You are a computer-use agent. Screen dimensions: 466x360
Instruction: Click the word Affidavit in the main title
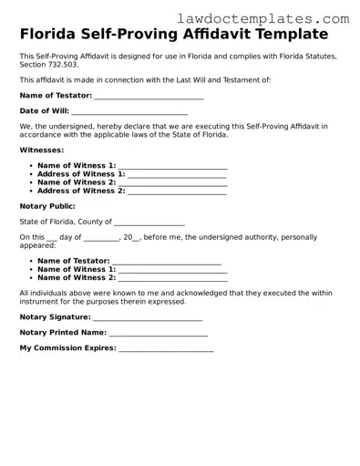[222, 36]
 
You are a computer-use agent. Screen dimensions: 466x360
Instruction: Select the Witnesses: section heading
[42, 149]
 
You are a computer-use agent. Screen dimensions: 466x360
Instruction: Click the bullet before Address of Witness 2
[30, 192]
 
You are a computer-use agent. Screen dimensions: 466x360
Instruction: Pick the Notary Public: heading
[47, 206]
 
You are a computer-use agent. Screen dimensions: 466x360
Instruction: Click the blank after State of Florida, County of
[149, 223]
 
